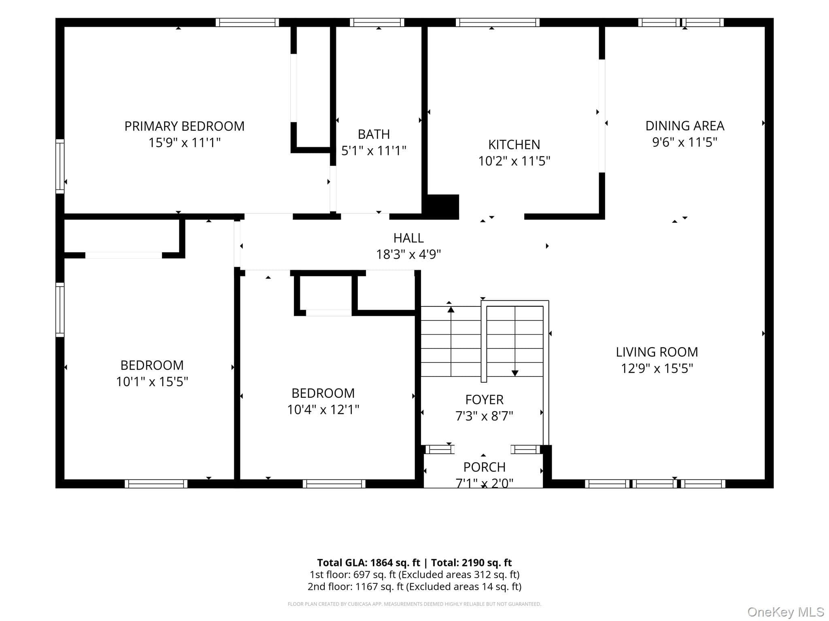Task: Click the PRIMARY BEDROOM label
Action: [x=184, y=126]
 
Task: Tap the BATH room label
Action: [x=374, y=134]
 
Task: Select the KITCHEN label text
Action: [x=514, y=144]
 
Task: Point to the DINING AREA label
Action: [x=684, y=126]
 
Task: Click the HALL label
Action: [x=408, y=238]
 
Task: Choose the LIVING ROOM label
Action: [x=657, y=352]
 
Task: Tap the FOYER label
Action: [x=484, y=399]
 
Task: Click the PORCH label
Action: [x=484, y=467]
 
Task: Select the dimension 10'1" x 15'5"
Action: [x=152, y=382]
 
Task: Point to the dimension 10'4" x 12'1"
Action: [x=323, y=410]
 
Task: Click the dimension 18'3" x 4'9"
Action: [x=408, y=254]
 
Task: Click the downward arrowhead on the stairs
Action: [x=515, y=373]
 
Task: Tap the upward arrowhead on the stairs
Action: [x=451, y=310]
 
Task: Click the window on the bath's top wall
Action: [x=377, y=22]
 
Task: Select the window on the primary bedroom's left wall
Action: [x=60, y=166]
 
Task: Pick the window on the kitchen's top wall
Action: [x=497, y=22]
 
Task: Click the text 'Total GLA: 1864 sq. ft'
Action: [x=368, y=563]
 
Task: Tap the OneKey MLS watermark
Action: [x=786, y=612]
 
